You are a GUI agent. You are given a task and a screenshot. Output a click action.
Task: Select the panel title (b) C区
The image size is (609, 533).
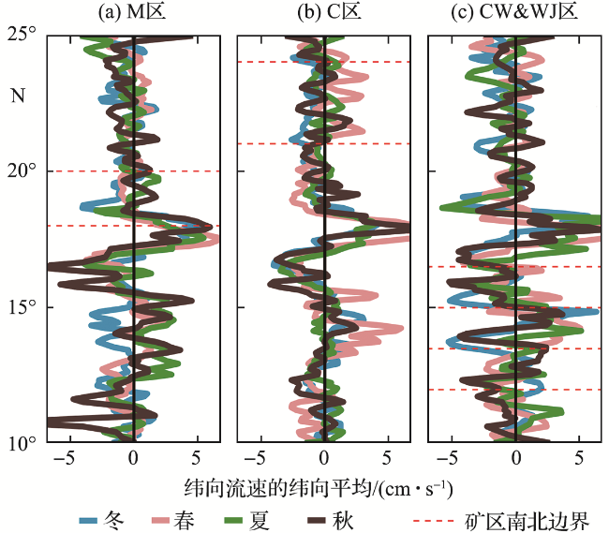[x=323, y=13]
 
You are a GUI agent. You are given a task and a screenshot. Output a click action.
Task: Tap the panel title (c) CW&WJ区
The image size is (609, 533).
[x=515, y=13]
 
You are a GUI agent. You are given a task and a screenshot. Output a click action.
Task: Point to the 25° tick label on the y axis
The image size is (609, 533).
[x=23, y=35]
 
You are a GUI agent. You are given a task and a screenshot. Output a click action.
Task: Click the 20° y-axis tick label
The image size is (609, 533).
[x=23, y=170]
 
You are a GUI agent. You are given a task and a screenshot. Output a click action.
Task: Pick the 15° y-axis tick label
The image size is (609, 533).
[x=23, y=306]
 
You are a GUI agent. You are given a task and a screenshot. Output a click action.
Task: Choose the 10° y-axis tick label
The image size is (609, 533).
[x=23, y=442]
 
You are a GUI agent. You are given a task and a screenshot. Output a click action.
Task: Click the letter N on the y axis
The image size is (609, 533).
[x=17, y=95]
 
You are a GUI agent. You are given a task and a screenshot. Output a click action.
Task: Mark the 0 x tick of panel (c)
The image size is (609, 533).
[x=516, y=460]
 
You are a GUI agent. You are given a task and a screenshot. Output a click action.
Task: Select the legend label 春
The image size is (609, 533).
[x=186, y=518]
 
